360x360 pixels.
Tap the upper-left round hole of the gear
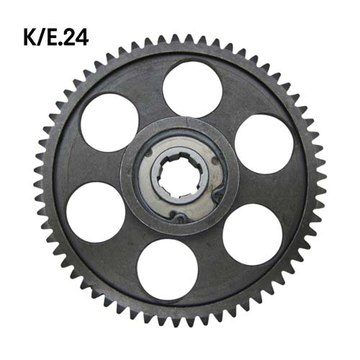tap(109, 122)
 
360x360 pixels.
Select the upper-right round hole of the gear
tap(264, 143)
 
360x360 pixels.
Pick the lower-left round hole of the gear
tap(95, 212)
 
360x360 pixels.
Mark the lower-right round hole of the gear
tap(252, 234)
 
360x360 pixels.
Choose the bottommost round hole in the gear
tap(167, 269)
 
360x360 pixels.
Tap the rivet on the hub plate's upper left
tap(148, 152)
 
